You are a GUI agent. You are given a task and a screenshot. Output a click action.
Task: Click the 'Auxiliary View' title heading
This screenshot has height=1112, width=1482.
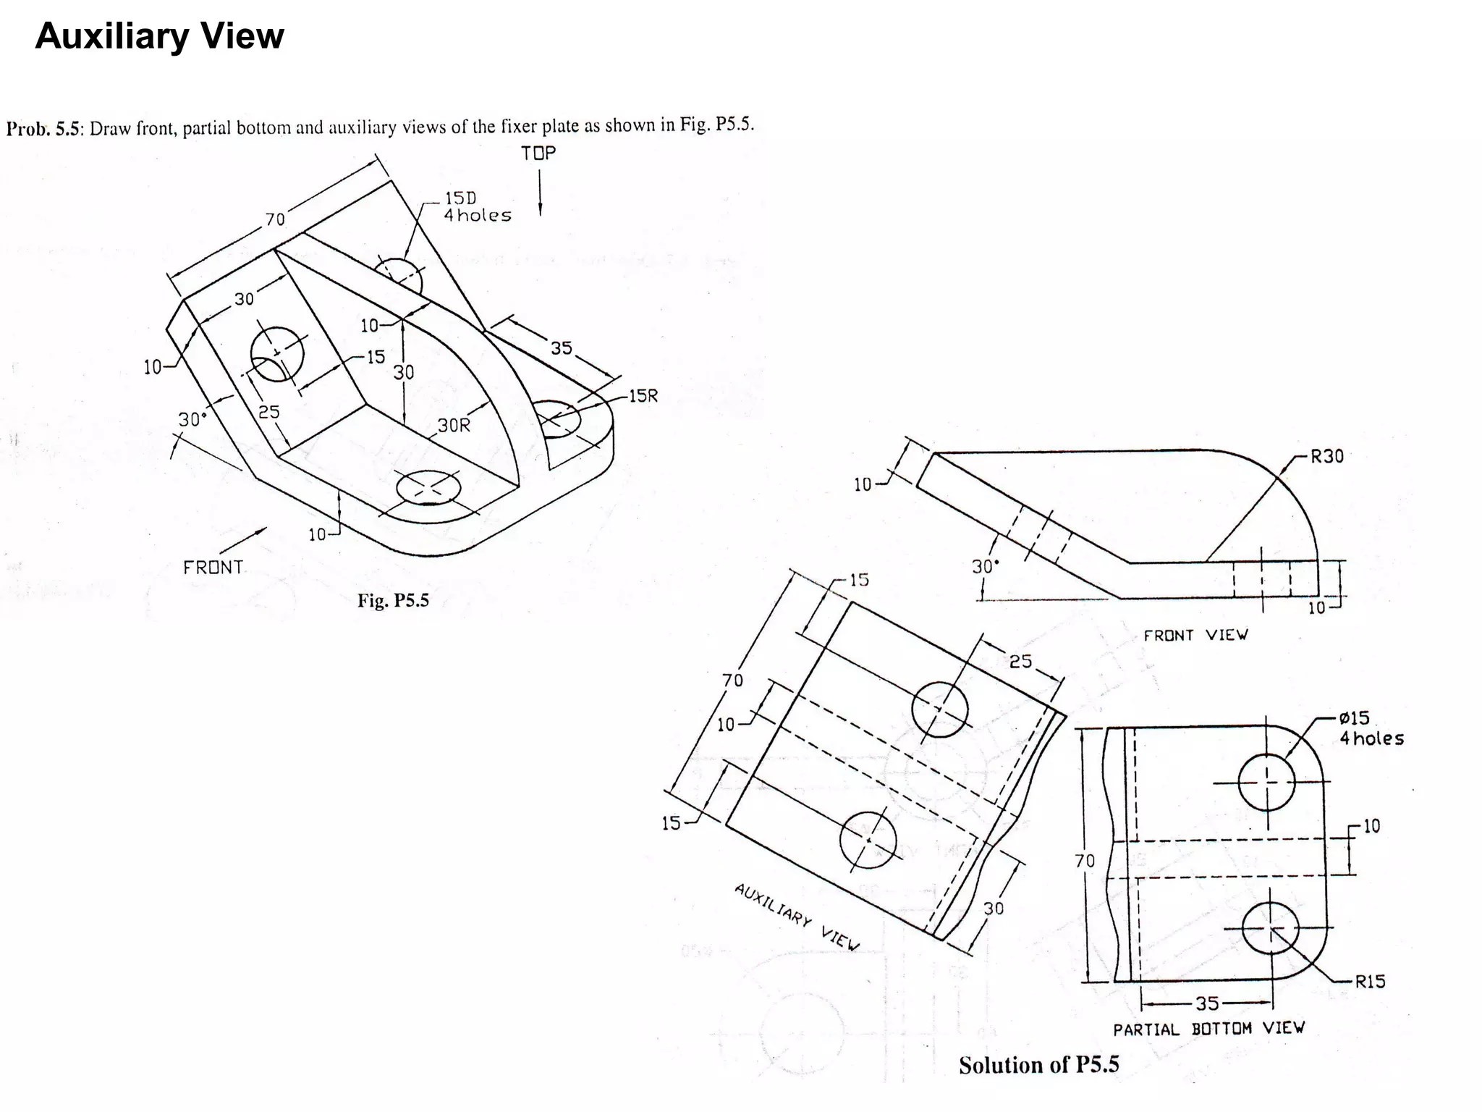(x=159, y=36)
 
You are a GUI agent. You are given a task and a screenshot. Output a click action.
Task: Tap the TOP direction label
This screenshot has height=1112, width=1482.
(x=538, y=153)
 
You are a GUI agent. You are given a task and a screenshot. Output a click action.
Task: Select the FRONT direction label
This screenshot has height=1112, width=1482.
(x=213, y=567)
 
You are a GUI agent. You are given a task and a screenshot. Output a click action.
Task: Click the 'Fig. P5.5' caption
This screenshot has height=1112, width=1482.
(x=393, y=600)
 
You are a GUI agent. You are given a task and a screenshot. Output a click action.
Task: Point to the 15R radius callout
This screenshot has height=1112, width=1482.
(x=643, y=396)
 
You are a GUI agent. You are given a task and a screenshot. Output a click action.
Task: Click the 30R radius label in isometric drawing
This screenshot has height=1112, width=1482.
(x=454, y=425)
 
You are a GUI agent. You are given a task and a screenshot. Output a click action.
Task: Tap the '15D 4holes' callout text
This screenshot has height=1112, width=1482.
(x=477, y=207)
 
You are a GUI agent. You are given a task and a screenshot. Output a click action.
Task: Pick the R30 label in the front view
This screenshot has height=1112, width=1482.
(x=1327, y=456)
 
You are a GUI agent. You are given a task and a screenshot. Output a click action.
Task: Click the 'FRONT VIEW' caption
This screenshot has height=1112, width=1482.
(x=1195, y=635)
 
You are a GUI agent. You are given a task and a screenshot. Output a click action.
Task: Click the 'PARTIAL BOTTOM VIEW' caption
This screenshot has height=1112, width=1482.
(x=1208, y=1029)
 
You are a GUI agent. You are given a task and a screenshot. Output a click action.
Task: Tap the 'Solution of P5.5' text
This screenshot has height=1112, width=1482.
(x=1038, y=1065)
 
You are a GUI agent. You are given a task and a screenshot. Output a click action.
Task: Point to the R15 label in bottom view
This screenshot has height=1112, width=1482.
(x=1370, y=982)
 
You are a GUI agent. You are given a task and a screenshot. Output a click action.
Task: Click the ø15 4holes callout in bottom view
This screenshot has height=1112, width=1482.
(x=1371, y=728)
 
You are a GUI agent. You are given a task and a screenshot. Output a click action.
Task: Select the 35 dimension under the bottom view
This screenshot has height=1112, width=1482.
(x=1207, y=1003)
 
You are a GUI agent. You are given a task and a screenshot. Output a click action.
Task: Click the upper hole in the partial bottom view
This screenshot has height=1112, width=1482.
(x=1266, y=782)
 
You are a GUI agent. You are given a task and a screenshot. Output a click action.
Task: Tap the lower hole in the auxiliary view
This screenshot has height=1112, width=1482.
(x=868, y=840)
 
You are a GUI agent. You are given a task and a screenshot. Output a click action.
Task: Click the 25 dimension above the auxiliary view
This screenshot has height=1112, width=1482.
(x=1020, y=661)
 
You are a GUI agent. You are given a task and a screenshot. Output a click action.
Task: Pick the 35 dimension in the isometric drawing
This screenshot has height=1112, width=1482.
(x=562, y=348)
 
